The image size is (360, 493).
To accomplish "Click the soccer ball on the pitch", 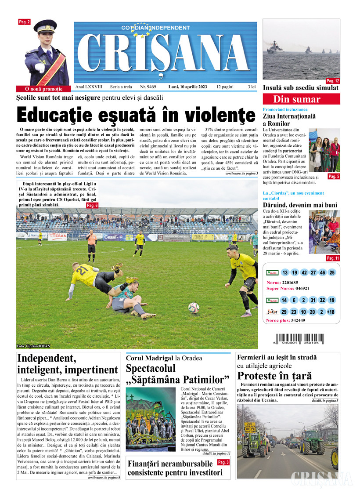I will point(194,308).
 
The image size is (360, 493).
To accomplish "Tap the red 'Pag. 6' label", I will point(92,205).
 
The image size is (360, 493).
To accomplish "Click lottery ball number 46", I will point(323,273).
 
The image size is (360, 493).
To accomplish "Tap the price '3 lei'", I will point(251,87).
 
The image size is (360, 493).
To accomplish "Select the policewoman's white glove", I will point(40,68).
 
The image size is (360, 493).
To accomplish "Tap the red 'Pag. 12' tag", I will point(332,81).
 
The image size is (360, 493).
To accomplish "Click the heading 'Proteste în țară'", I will point(274,376).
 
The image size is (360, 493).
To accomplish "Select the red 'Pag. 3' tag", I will point(223,462).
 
